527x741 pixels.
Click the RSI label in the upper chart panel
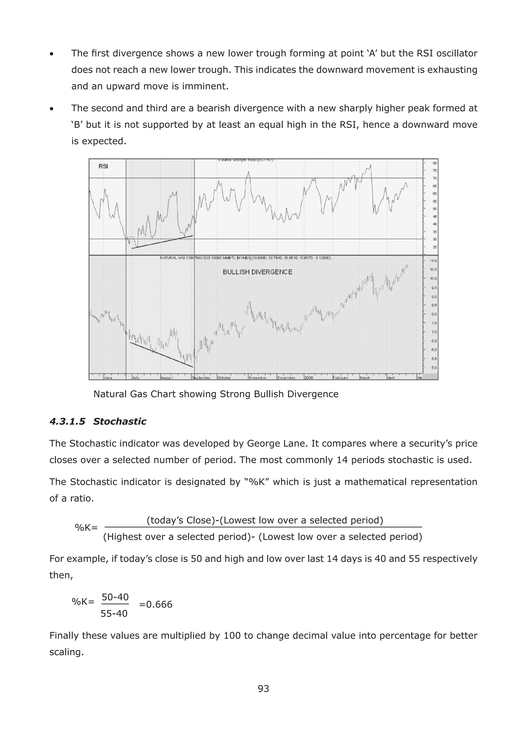point(103,166)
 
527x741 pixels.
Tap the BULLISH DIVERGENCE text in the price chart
point(257,272)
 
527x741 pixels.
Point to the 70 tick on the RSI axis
point(435,178)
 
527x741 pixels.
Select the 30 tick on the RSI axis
point(435,239)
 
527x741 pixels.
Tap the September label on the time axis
point(201,378)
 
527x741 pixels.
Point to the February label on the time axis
point(341,378)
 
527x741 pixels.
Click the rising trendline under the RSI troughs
point(162,242)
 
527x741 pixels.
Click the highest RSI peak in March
point(370,165)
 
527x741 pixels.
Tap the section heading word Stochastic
point(119,421)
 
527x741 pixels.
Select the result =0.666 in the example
point(156,604)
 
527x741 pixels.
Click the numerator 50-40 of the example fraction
point(115,597)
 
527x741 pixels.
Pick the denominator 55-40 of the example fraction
point(114,613)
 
